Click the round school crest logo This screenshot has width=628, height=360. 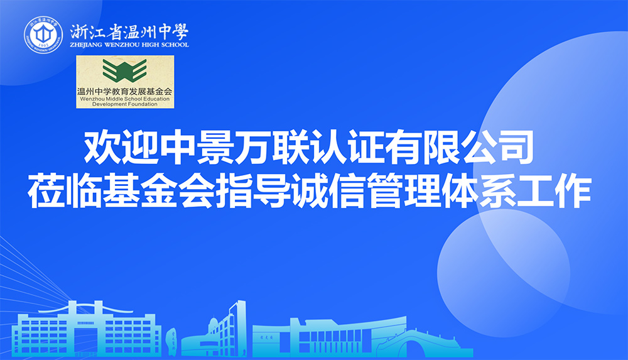(x=43, y=35)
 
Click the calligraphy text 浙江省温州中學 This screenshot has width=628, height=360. (x=129, y=31)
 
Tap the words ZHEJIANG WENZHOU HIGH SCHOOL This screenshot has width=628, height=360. (x=129, y=45)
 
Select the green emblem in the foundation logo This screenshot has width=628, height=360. (x=125, y=70)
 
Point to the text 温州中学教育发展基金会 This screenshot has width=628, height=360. (x=125, y=91)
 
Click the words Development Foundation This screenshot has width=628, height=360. (x=125, y=104)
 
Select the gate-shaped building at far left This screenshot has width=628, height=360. (x=86, y=330)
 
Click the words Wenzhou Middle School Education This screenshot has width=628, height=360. (x=125, y=99)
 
